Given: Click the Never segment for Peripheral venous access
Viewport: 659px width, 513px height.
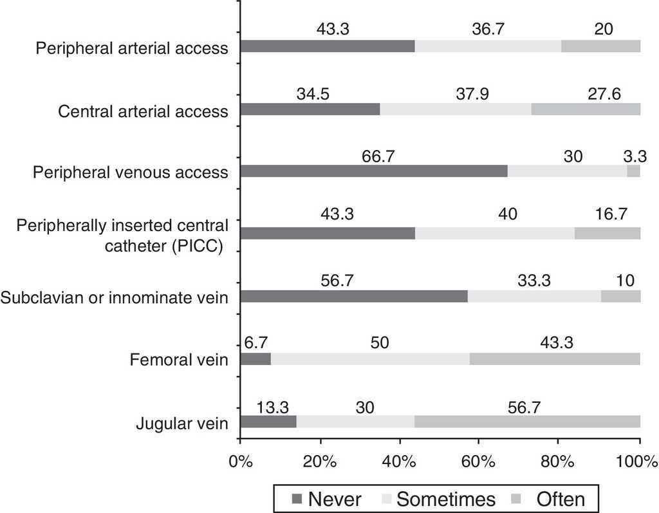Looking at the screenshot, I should point(373,171).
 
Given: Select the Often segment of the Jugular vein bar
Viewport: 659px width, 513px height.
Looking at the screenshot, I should point(527,422).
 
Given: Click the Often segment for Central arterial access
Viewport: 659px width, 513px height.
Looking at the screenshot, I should point(586,109).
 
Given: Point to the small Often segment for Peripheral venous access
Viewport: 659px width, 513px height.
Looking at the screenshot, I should point(633,171).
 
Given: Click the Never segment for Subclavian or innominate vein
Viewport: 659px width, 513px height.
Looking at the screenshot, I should point(353,297).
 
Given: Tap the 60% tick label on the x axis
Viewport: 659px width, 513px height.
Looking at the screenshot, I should point(480,462).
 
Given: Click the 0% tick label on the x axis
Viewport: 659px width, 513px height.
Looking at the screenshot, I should point(240,462).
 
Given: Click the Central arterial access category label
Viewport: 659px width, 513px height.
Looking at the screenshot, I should point(143,111).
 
